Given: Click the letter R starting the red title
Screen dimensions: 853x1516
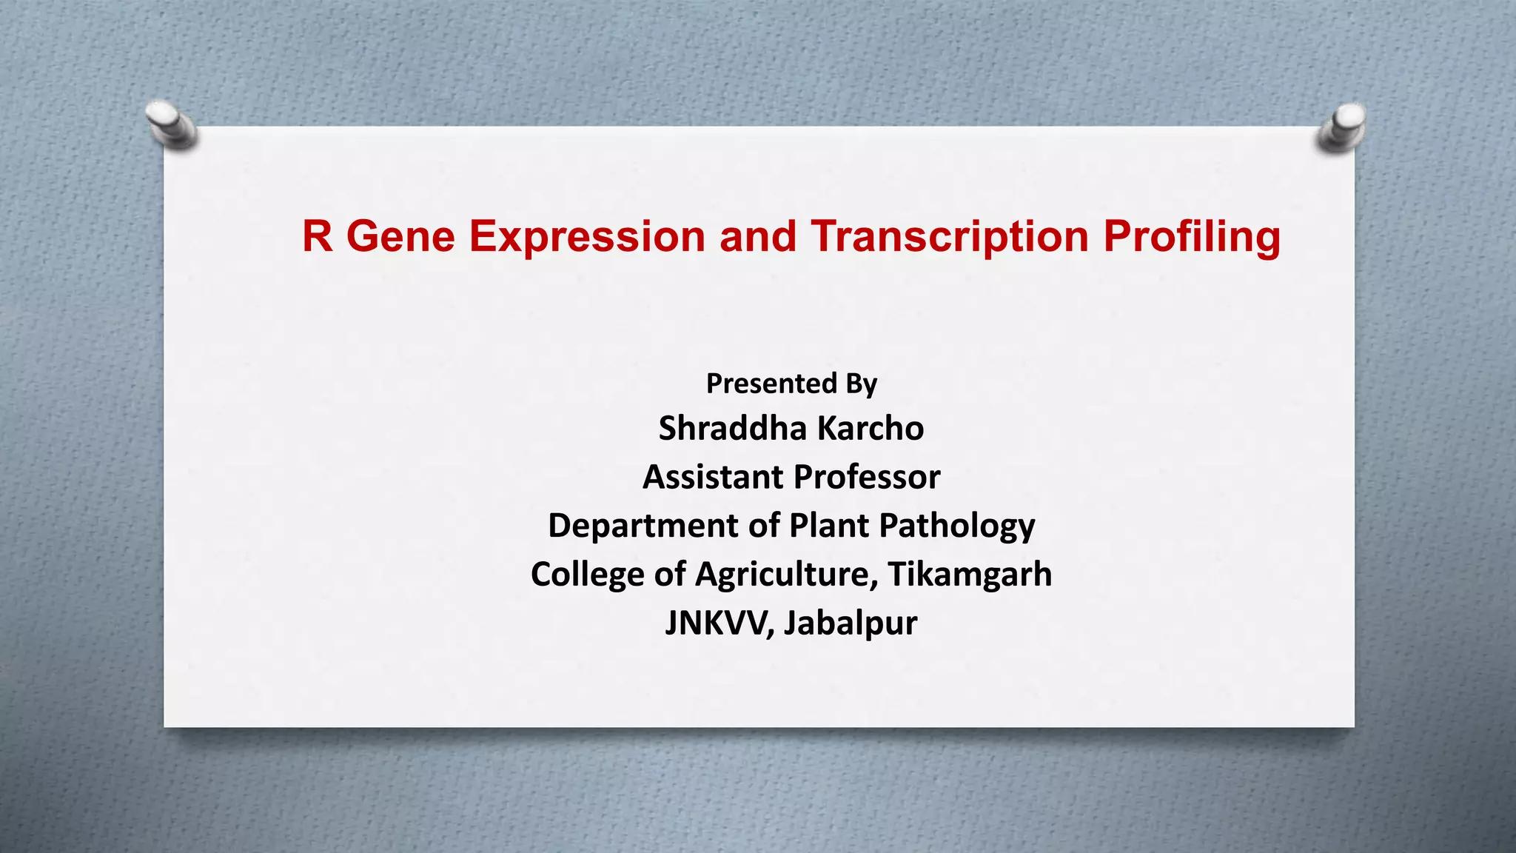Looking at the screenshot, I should pos(318,237).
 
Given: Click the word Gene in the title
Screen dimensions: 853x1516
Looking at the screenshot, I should pos(400,237).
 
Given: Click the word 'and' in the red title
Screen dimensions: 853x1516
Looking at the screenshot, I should pos(757,237).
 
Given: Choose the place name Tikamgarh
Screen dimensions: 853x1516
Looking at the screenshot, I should pos(970,575).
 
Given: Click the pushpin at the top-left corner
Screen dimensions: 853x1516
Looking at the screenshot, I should pos(171,122).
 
